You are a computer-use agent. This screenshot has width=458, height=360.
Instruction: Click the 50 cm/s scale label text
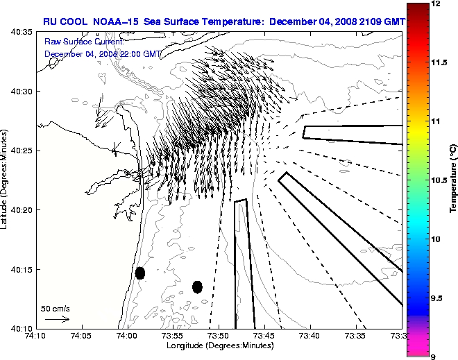pos(56,308)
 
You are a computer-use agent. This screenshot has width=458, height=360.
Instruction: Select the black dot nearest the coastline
pos(140,273)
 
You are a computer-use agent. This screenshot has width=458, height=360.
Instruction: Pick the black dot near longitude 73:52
pos(197,286)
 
